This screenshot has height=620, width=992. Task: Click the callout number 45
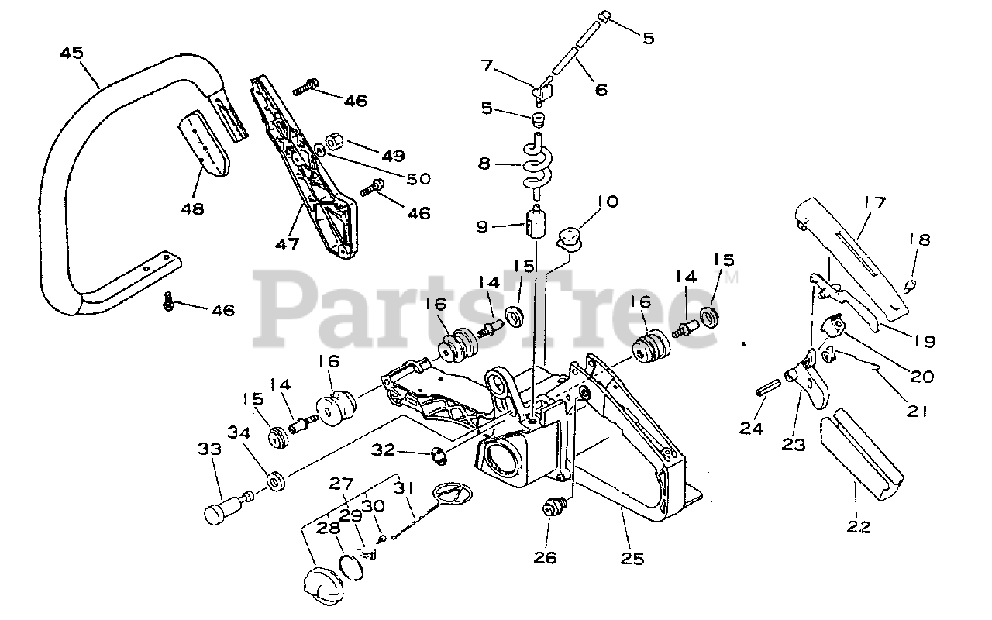click(72, 53)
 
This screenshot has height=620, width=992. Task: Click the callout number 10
click(608, 201)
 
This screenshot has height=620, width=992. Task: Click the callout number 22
click(859, 527)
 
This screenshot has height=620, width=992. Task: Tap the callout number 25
click(633, 558)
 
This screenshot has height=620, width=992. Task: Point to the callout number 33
click(208, 449)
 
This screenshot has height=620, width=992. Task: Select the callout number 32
click(384, 449)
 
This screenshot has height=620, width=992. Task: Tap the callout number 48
click(193, 208)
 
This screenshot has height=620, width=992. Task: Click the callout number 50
click(418, 178)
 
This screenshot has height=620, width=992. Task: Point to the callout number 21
click(917, 412)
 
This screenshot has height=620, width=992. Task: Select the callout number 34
click(238, 432)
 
